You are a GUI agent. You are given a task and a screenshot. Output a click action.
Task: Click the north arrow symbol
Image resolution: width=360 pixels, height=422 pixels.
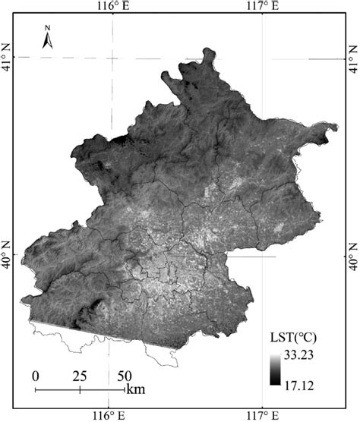tap(47, 42)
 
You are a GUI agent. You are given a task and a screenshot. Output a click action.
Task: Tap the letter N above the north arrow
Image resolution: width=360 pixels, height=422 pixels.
tap(47, 29)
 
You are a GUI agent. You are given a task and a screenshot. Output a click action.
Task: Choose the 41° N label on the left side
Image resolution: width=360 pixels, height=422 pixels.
tap(8, 56)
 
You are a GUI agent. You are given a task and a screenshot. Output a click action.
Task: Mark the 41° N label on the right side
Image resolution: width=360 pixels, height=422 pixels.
tap(352, 57)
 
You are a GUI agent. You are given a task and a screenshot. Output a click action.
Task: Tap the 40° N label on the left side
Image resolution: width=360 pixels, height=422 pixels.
tap(8, 256)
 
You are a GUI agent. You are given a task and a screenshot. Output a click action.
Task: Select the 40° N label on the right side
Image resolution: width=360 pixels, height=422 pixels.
tap(352, 256)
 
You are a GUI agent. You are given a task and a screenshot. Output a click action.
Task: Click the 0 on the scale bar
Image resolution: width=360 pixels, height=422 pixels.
tap(36, 376)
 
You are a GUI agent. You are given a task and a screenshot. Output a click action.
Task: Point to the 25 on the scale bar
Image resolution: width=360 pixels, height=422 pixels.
tap(79, 376)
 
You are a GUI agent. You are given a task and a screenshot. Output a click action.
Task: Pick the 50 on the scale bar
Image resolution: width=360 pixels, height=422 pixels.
tap(124, 376)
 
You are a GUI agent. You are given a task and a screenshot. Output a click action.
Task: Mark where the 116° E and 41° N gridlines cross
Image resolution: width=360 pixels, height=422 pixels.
tap(111, 57)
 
